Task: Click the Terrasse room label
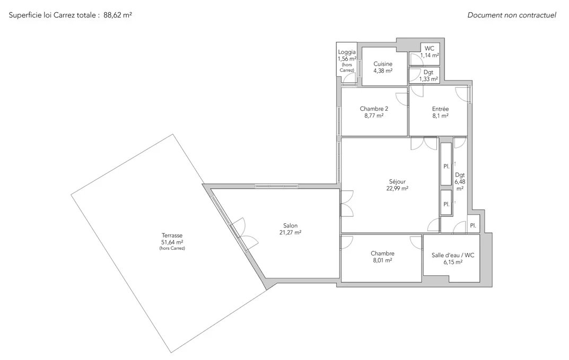(172, 235)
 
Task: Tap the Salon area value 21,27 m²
(290, 233)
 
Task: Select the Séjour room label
(397, 182)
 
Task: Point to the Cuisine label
(383, 64)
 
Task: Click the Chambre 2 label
(374, 109)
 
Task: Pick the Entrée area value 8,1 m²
(440, 116)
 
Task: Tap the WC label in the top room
(430, 49)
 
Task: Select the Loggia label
(347, 52)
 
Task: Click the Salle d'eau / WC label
(453, 255)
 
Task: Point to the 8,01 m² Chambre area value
(382, 260)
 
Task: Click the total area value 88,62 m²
(118, 15)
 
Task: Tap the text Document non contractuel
(512, 15)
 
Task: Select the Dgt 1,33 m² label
(428, 75)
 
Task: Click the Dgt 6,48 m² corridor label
(460, 182)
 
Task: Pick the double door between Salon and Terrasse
(242, 234)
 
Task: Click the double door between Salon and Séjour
(347, 204)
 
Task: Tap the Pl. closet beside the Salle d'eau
(473, 225)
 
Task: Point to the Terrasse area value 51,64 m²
(172, 242)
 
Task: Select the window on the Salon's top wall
(276, 186)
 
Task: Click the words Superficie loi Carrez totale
(52, 15)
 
